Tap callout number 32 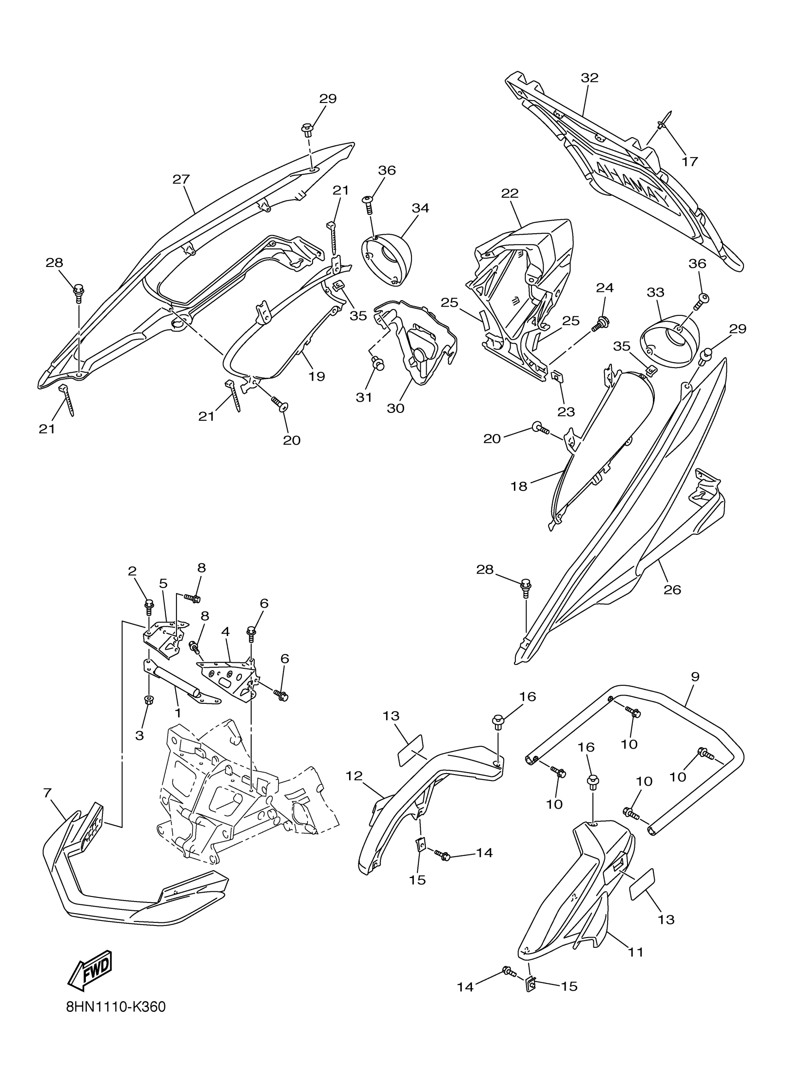click(590, 78)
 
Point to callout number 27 click(181, 179)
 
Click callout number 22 click(510, 193)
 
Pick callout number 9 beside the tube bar click(694, 676)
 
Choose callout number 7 click(47, 793)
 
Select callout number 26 click(672, 590)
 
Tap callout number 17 click(689, 162)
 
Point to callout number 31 click(364, 397)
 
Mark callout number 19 click(316, 376)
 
